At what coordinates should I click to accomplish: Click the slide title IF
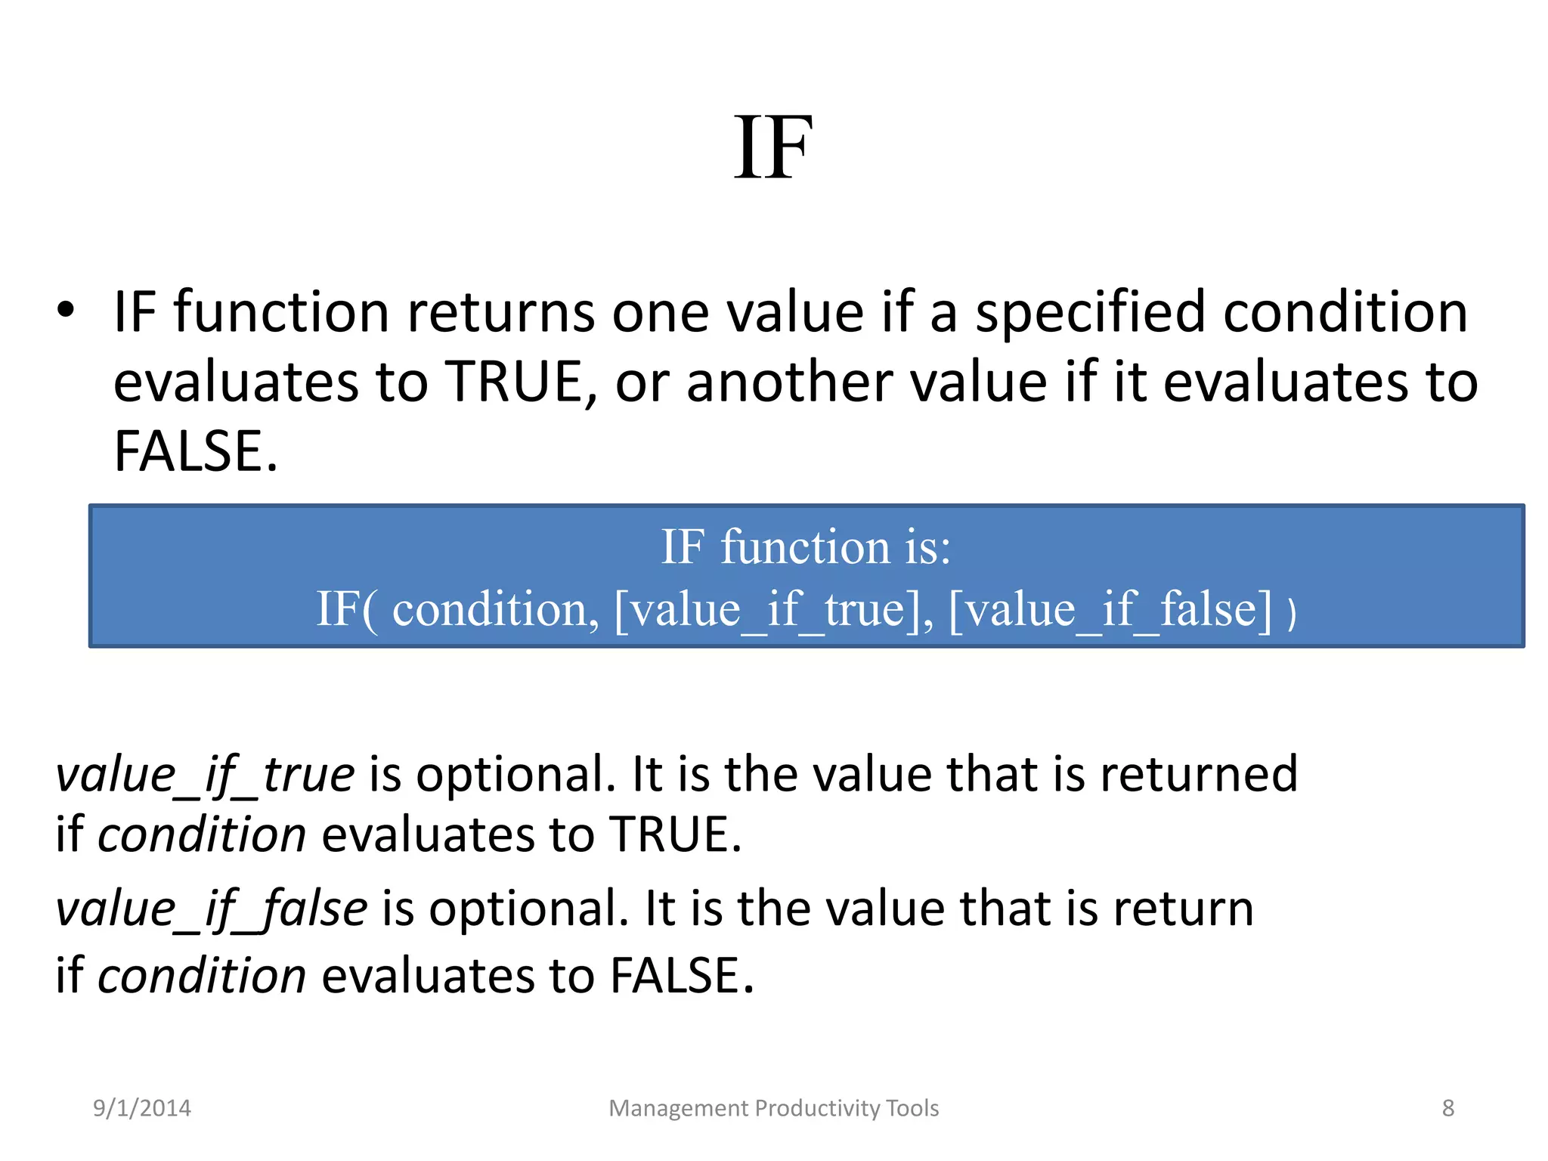pos(773,148)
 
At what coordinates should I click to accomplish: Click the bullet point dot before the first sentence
pos(67,311)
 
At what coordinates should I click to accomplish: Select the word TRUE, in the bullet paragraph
pos(522,382)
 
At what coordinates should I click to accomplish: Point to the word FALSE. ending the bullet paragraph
pos(196,451)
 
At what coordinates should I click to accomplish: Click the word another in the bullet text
pos(788,382)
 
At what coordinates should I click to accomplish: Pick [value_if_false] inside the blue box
pos(1110,609)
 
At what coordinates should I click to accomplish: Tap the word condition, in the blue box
pos(495,609)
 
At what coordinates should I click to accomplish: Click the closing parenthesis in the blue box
pos(1292,612)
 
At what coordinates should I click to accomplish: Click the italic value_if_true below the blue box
pos(205,775)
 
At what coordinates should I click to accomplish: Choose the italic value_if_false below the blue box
pos(212,909)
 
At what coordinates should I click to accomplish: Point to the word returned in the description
pos(1198,775)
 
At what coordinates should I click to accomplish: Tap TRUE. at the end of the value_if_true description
pos(676,834)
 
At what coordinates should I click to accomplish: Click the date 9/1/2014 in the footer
pos(142,1108)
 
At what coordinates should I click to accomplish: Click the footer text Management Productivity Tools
pos(773,1108)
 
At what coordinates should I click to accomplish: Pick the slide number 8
pos(1447,1108)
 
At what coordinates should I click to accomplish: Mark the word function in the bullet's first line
pos(281,312)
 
